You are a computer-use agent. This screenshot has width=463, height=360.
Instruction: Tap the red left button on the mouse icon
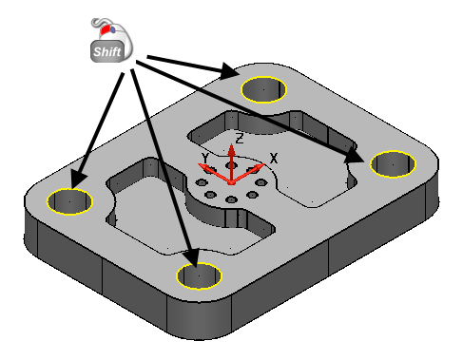point(106,29)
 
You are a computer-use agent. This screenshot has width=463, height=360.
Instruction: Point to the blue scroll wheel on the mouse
point(113,29)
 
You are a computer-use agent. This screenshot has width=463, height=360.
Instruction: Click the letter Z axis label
point(240,139)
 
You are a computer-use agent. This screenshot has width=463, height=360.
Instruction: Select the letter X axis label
point(274,158)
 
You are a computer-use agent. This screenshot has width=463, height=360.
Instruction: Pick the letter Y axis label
point(205,158)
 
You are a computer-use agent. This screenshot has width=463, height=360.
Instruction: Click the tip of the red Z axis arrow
point(232,144)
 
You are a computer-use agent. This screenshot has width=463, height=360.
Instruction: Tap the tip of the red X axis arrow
point(265,164)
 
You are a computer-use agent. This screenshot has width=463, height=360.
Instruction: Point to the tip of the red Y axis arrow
point(198,164)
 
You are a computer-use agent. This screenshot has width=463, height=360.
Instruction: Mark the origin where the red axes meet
point(232,182)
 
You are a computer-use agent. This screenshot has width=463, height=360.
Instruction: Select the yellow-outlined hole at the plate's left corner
point(69,201)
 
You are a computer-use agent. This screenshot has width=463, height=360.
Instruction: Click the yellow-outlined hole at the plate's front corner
point(199,275)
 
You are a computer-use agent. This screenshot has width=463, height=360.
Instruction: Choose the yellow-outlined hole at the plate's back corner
point(263,89)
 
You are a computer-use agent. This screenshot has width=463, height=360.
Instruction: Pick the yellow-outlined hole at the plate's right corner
point(393,164)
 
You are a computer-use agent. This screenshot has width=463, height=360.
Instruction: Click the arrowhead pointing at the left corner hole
point(78,179)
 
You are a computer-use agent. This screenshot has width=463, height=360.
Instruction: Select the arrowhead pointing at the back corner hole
point(229,71)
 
